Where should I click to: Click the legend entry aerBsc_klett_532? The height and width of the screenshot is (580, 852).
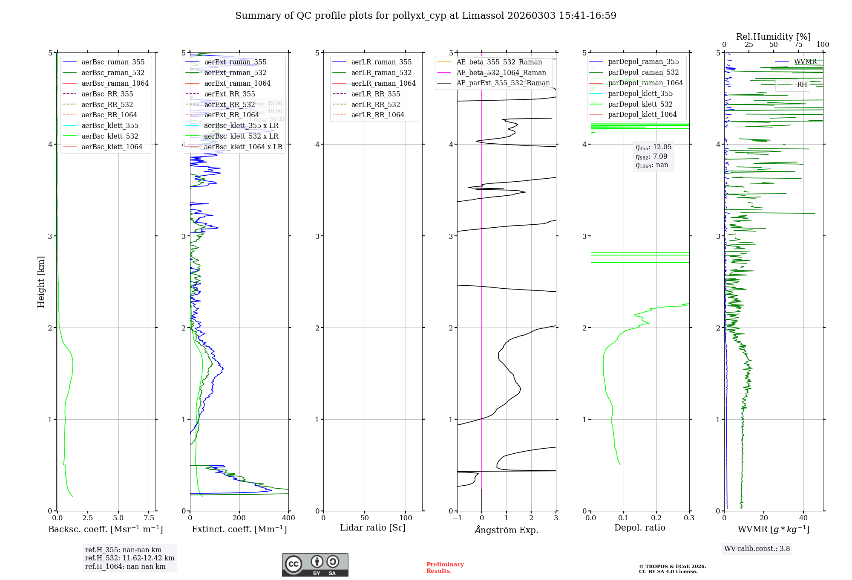109,136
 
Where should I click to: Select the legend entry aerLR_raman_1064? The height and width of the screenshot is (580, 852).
383,83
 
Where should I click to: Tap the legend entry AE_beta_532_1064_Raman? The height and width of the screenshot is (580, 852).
501,72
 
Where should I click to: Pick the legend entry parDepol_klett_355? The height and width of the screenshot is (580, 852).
640,93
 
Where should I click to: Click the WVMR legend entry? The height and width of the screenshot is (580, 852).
805,62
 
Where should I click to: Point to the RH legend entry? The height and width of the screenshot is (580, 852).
802,85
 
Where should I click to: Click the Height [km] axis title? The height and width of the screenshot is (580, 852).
41,281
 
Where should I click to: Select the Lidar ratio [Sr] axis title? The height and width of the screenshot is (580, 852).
373,528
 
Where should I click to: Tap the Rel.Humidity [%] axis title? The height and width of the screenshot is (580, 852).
773,37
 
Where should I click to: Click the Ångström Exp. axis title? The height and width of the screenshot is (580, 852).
506,530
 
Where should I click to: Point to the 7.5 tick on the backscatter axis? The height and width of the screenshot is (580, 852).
149,518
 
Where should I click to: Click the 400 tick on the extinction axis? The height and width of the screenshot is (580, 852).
288,518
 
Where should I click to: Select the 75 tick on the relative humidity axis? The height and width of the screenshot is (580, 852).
798,45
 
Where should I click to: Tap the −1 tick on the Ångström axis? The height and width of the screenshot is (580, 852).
457,518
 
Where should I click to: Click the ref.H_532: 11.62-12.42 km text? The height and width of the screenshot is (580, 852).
130,558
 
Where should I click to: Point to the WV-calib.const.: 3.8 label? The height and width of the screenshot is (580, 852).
757,548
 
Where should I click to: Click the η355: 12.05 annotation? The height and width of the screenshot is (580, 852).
653,147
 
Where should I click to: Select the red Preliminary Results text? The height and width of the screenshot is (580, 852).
445,567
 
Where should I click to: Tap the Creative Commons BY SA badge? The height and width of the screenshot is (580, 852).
315,565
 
